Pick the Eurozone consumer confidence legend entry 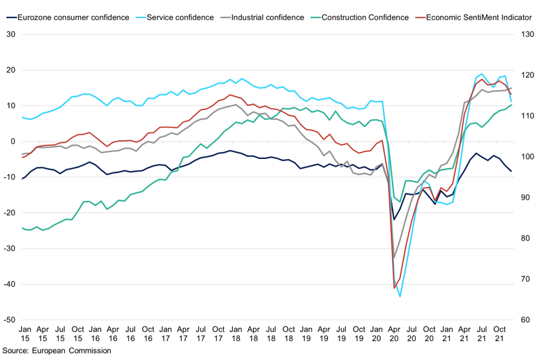[x=73, y=15]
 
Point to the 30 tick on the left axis [x=11, y=34]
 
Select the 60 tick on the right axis [x=523, y=320]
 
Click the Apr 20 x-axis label [x=395, y=333]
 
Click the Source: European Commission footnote [x=56, y=351]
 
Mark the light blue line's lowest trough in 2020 [x=400, y=297]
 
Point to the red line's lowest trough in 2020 [x=394, y=288]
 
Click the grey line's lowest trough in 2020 [x=394, y=258]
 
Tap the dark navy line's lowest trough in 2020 [x=394, y=220]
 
